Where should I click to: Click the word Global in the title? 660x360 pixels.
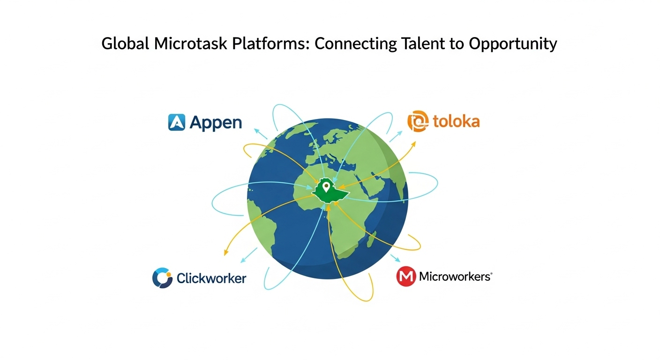click(125, 44)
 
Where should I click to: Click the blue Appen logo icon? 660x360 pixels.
click(177, 122)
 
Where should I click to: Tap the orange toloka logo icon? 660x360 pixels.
click(418, 121)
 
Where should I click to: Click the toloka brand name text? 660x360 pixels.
click(457, 121)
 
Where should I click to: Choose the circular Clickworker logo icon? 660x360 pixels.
click(162, 278)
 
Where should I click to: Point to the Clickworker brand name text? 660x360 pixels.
click(211, 278)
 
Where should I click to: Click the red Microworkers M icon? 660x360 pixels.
click(406, 277)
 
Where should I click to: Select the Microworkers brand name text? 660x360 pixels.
click(456, 277)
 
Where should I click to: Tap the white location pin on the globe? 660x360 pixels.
click(326, 187)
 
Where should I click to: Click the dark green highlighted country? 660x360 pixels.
click(330, 192)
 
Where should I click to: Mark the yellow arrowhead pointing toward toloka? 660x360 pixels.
click(413, 144)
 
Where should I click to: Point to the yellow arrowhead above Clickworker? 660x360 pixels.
click(226, 252)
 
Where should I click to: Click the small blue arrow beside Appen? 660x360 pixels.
click(261, 134)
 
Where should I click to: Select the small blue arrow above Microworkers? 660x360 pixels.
click(396, 258)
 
